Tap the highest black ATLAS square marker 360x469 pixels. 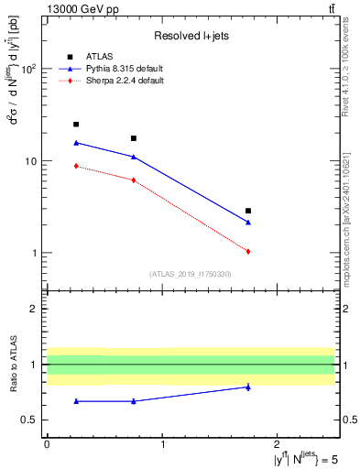point(76,125)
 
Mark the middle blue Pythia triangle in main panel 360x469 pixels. point(134,157)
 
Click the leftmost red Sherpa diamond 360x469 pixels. point(76,166)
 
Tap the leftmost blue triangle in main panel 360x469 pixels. point(76,143)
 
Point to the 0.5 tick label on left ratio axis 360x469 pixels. point(30,420)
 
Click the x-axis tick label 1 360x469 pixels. point(162,443)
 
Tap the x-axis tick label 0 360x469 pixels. point(47,443)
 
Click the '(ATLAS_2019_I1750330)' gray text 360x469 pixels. point(190,274)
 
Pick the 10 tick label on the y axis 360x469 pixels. point(32,161)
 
